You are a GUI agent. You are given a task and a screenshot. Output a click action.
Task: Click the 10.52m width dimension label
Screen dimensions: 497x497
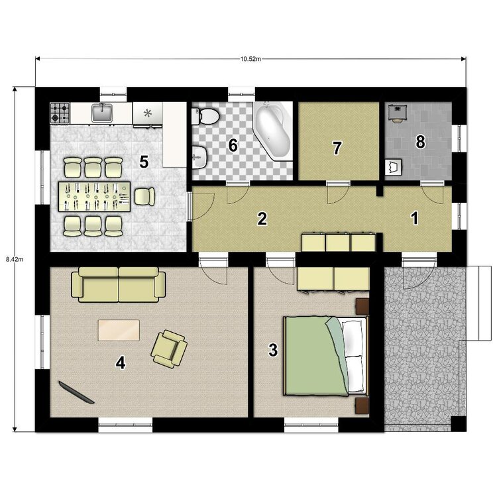click(x=250, y=59)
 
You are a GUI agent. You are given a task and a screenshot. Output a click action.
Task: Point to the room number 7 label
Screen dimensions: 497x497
click(x=337, y=148)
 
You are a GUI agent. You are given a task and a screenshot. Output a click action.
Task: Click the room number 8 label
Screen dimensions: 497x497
click(x=420, y=141)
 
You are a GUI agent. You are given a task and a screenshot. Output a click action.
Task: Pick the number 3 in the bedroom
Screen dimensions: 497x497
click(x=272, y=351)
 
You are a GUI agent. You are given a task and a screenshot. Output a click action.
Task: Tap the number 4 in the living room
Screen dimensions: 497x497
click(x=120, y=362)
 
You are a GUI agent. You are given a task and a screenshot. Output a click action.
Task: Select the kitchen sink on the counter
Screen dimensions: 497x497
click(x=102, y=114)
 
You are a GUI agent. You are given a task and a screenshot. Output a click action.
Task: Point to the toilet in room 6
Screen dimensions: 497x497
click(x=206, y=117)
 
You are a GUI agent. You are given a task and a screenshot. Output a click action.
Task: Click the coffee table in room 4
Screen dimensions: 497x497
click(x=119, y=330)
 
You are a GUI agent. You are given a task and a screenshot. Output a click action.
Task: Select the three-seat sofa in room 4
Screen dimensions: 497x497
click(x=119, y=284)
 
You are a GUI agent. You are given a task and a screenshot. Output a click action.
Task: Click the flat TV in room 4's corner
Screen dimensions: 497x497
click(x=75, y=393)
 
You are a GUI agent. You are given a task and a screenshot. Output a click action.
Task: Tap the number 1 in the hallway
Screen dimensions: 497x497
click(x=415, y=218)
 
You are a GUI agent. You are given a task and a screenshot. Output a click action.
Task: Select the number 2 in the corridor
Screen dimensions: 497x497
click(x=262, y=219)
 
